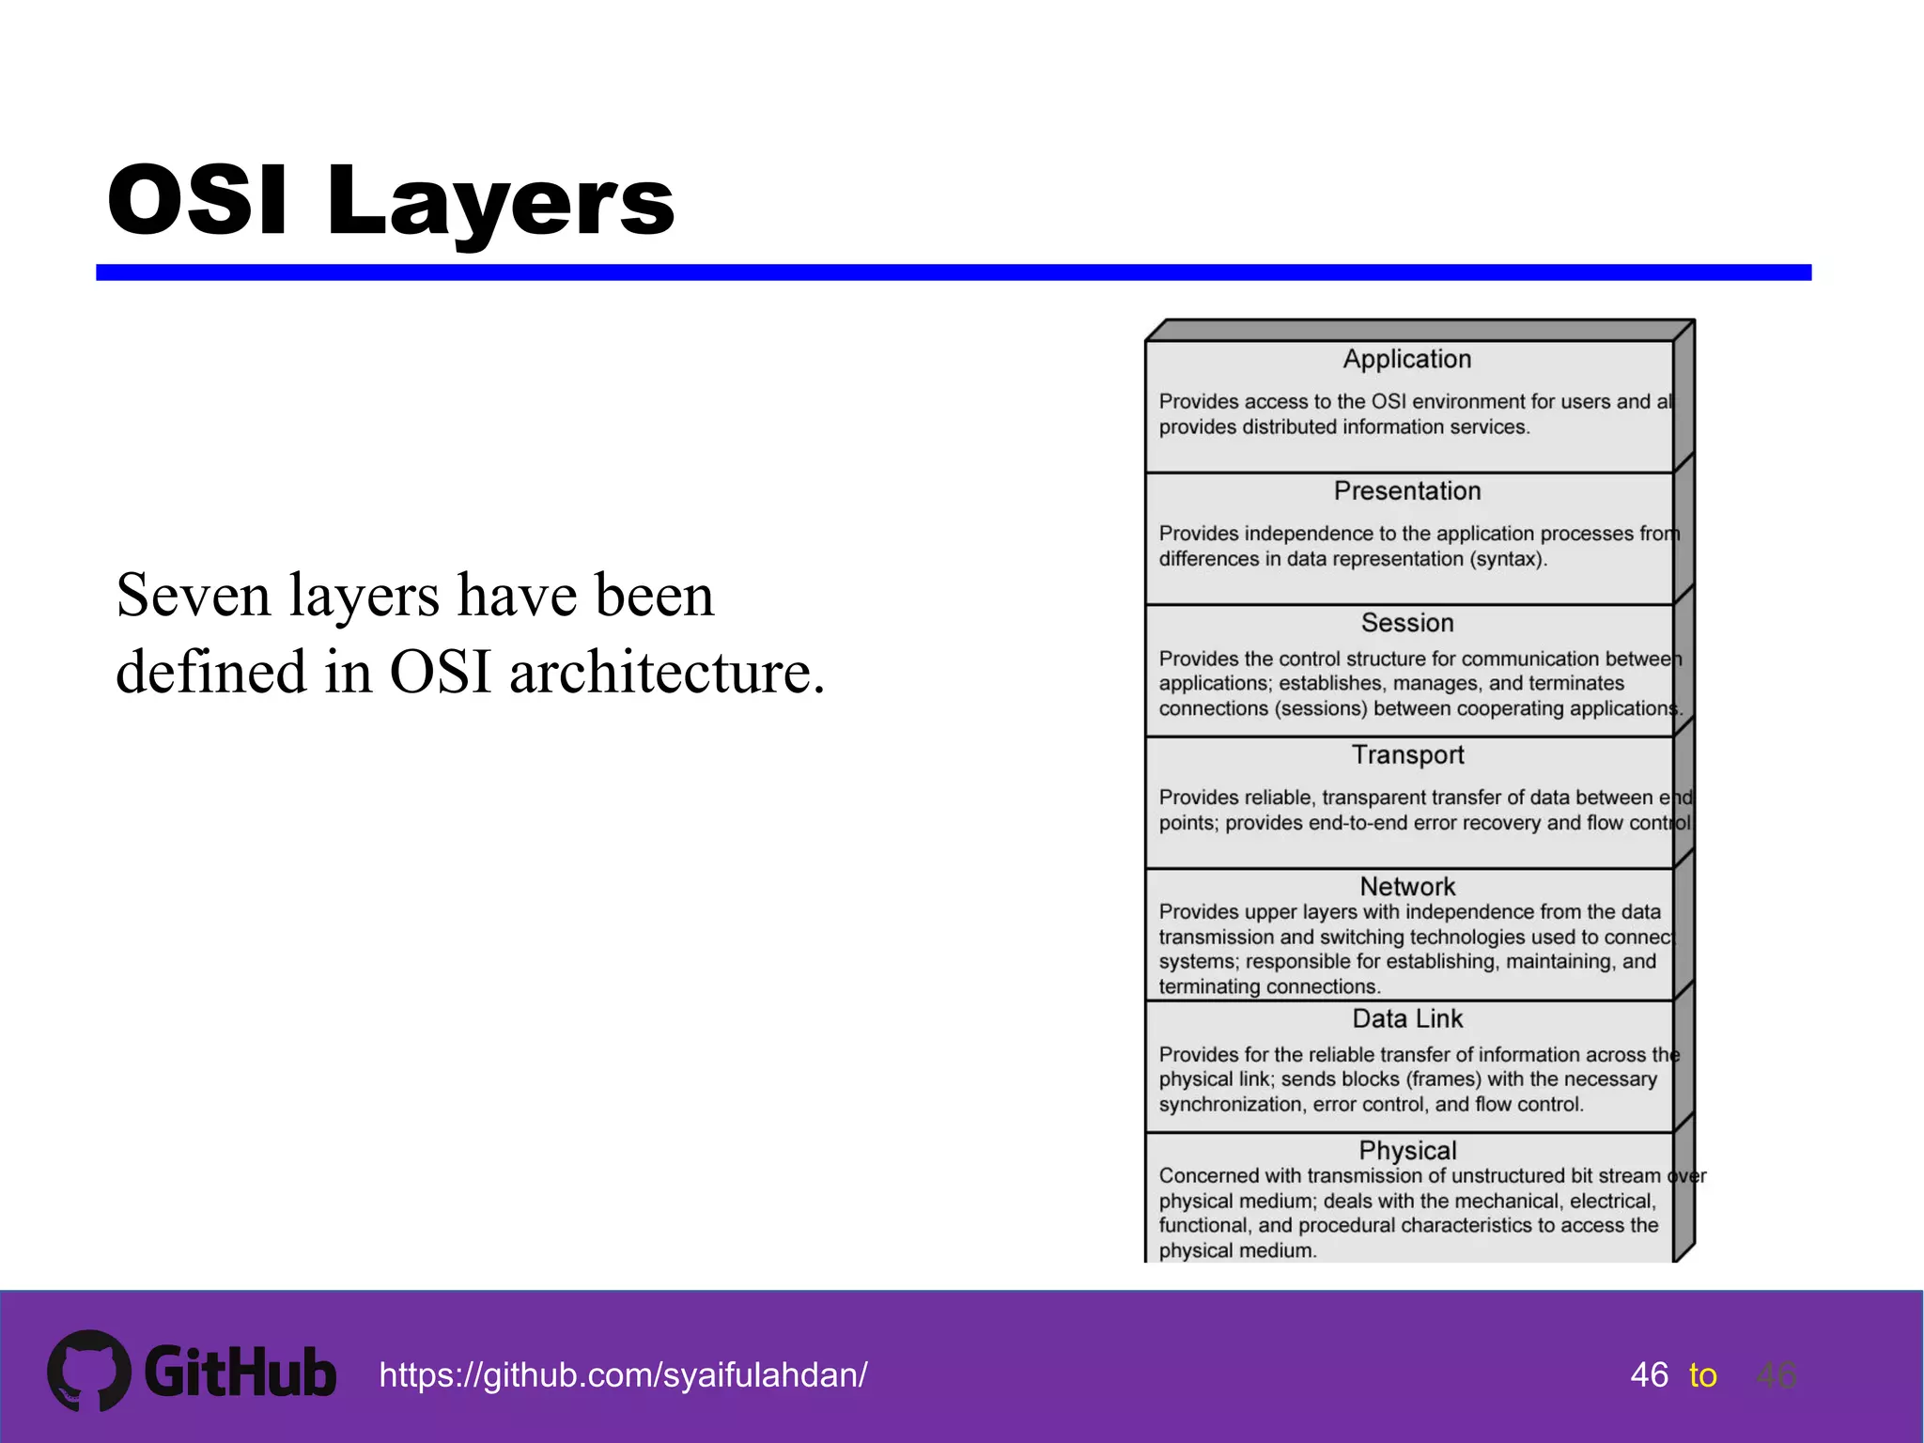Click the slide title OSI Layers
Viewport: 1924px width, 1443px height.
(x=391, y=201)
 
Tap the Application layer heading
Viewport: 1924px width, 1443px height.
(x=1406, y=359)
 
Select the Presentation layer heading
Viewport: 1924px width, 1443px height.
(x=1406, y=491)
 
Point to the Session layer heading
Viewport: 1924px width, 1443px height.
(x=1406, y=623)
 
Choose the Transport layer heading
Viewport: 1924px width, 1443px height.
(x=1407, y=754)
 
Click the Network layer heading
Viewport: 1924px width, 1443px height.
(x=1406, y=886)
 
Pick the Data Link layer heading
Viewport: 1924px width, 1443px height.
(x=1406, y=1018)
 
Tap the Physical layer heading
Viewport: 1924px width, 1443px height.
(x=1406, y=1150)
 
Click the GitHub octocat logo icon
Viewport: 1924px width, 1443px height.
(x=89, y=1371)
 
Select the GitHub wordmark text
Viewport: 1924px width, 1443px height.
(x=240, y=1373)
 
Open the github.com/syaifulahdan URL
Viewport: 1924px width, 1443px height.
(x=623, y=1375)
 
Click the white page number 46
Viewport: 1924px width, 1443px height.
(x=1649, y=1375)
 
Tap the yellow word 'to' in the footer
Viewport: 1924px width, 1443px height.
(x=1702, y=1376)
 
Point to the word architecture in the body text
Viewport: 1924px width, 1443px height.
(x=667, y=673)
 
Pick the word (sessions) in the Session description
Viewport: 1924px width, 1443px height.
(x=1321, y=708)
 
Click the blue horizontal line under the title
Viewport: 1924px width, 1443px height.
(x=953, y=272)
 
